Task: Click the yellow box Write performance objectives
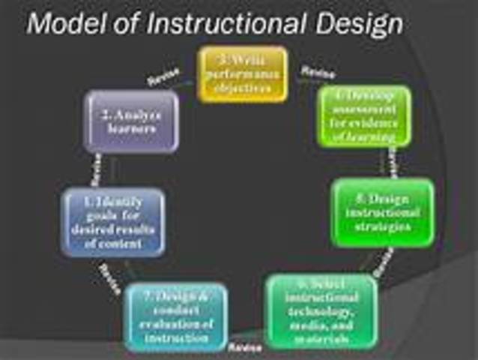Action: click(x=242, y=74)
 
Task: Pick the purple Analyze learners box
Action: click(x=132, y=121)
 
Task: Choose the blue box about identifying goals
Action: click(x=112, y=222)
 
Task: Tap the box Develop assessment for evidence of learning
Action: click(x=364, y=115)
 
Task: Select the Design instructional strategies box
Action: click(x=382, y=212)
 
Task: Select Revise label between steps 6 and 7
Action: click(x=244, y=348)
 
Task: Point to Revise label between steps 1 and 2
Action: click(x=95, y=171)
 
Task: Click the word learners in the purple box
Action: click(x=132, y=128)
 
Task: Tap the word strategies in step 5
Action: click(x=383, y=226)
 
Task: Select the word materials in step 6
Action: click(x=321, y=338)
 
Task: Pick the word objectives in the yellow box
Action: click(x=242, y=87)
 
